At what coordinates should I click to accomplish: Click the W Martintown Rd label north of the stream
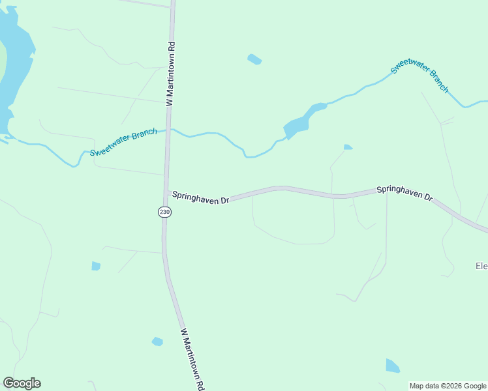point(171,74)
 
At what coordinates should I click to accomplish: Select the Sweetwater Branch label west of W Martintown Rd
point(123,143)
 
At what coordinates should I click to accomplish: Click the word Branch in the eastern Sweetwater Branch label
point(437,80)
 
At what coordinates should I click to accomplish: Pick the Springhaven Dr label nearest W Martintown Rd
point(200,197)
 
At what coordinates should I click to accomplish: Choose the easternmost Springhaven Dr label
point(405,193)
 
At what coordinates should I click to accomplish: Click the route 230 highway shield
point(164,212)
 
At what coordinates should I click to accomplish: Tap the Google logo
point(22,383)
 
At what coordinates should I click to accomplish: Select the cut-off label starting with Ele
point(481,266)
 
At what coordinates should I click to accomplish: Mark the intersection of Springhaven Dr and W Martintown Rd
point(166,192)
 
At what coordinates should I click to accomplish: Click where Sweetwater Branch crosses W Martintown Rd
point(168,130)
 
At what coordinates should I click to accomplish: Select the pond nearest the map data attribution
point(392,366)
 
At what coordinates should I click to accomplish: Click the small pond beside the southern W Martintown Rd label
point(157,341)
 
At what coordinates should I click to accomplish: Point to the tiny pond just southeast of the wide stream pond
point(348,147)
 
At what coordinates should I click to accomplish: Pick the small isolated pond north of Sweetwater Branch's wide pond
point(254,59)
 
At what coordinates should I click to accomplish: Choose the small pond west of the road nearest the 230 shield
point(96,266)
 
